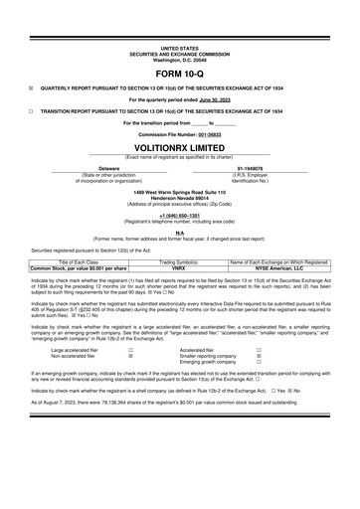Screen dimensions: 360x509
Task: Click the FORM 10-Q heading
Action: point(179,76)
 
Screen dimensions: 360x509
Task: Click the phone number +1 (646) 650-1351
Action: point(179,243)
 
